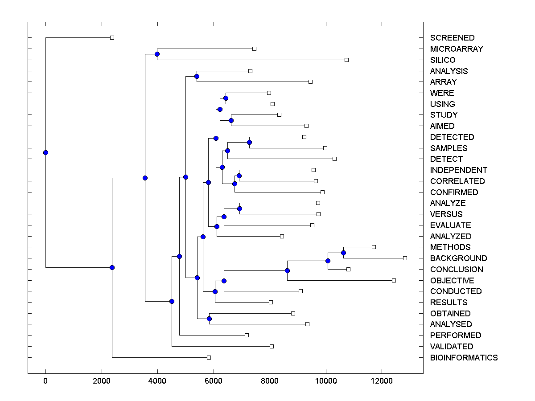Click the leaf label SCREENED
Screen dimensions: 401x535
coord(452,38)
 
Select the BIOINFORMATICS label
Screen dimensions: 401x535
coord(464,358)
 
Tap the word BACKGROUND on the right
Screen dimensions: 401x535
coord(458,258)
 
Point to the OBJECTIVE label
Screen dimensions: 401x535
coord(452,281)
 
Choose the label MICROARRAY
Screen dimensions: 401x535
coord(457,49)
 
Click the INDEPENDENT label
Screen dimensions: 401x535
coord(459,170)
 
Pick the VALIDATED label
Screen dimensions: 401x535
coord(452,347)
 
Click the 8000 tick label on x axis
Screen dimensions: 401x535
coord(270,381)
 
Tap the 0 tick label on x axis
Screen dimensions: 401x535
coord(45,381)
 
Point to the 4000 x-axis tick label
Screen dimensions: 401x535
coord(157,381)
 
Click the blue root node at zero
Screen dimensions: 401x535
coord(45,153)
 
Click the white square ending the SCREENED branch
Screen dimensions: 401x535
coord(112,38)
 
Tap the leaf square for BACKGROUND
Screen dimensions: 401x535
coord(405,258)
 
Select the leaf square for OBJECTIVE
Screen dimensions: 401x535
coord(394,280)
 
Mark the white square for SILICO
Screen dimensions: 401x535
coord(346,60)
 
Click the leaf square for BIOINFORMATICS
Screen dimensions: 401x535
coord(209,357)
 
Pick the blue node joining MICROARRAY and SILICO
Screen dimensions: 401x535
coord(157,54)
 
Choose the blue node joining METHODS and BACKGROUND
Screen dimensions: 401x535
coord(343,253)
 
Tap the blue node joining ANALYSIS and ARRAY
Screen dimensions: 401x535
coord(197,77)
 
